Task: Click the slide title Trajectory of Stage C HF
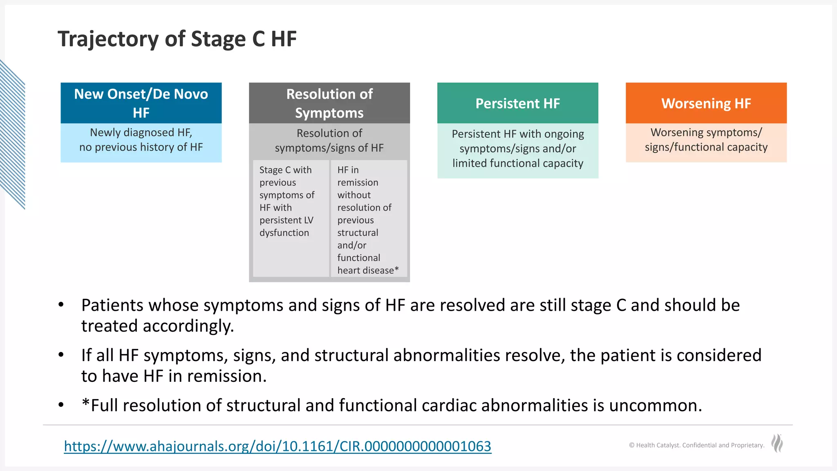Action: (x=177, y=39)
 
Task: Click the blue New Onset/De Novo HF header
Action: (x=141, y=103)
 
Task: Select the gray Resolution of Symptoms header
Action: (x=329, y=103)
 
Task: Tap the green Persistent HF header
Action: (x=517, y=103)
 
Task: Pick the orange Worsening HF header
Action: (x=706, y=103)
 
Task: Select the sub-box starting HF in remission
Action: (x=368, y=220)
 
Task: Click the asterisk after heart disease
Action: (x=396, y=269)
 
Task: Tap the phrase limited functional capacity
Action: (x=517, y=163)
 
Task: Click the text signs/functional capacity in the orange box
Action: (x=706, y=147)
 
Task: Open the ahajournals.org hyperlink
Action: (x=278, y=446)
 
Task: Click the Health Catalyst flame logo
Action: (x=777, y=443)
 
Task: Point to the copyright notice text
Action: (x=696, y=445)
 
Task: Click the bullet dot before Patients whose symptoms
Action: (x=61, y=305)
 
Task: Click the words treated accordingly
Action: (x=157, y=326)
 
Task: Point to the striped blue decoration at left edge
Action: (x=12, y=135)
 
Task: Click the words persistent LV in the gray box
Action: (x=286, y=220)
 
